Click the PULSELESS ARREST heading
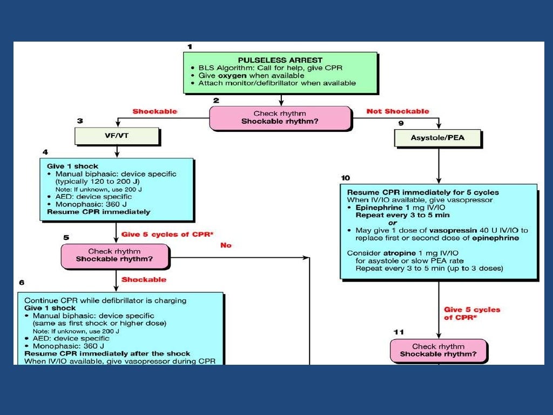280,60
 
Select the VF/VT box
117,137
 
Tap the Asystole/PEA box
438,138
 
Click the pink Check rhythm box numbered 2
280,118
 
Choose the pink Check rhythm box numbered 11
438,350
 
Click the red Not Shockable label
398,111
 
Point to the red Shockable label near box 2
155,111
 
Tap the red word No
226,245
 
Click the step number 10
346,178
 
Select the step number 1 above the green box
189,46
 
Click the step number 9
400,123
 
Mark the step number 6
21,283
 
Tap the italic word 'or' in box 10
393,222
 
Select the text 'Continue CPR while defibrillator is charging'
105,300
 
